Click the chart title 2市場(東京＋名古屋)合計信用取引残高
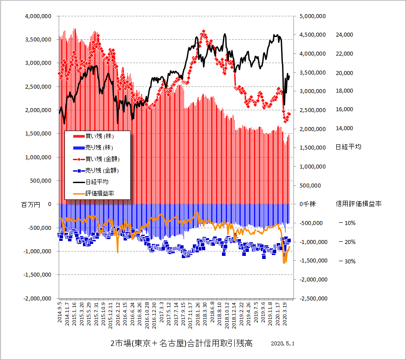click(x=181, y=344)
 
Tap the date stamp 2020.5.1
click(x=282, y=343)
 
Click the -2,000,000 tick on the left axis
click(x=37, y=298)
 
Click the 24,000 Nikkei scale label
click(x=345, y=35)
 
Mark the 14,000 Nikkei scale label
click(x=345, y=128)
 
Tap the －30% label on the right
click(x=347, y=261)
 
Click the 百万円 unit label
click(x=30, y=204)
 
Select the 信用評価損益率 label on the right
click(x=358, y=204)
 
